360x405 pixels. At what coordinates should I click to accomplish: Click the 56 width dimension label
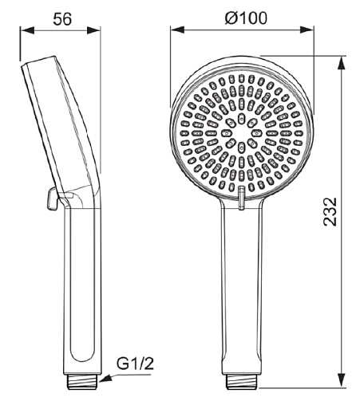62,19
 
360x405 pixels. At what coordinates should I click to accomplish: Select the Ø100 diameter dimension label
246,18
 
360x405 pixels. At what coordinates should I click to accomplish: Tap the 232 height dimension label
330,212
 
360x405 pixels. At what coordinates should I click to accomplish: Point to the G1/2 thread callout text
135,364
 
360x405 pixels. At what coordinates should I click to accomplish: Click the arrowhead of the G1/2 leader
105,379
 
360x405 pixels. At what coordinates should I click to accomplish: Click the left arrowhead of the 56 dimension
27,30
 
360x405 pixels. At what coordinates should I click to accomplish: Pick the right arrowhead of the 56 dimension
93,30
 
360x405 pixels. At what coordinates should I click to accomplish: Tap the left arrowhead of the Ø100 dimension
177,29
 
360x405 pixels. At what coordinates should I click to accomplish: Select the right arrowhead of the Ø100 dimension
307,29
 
